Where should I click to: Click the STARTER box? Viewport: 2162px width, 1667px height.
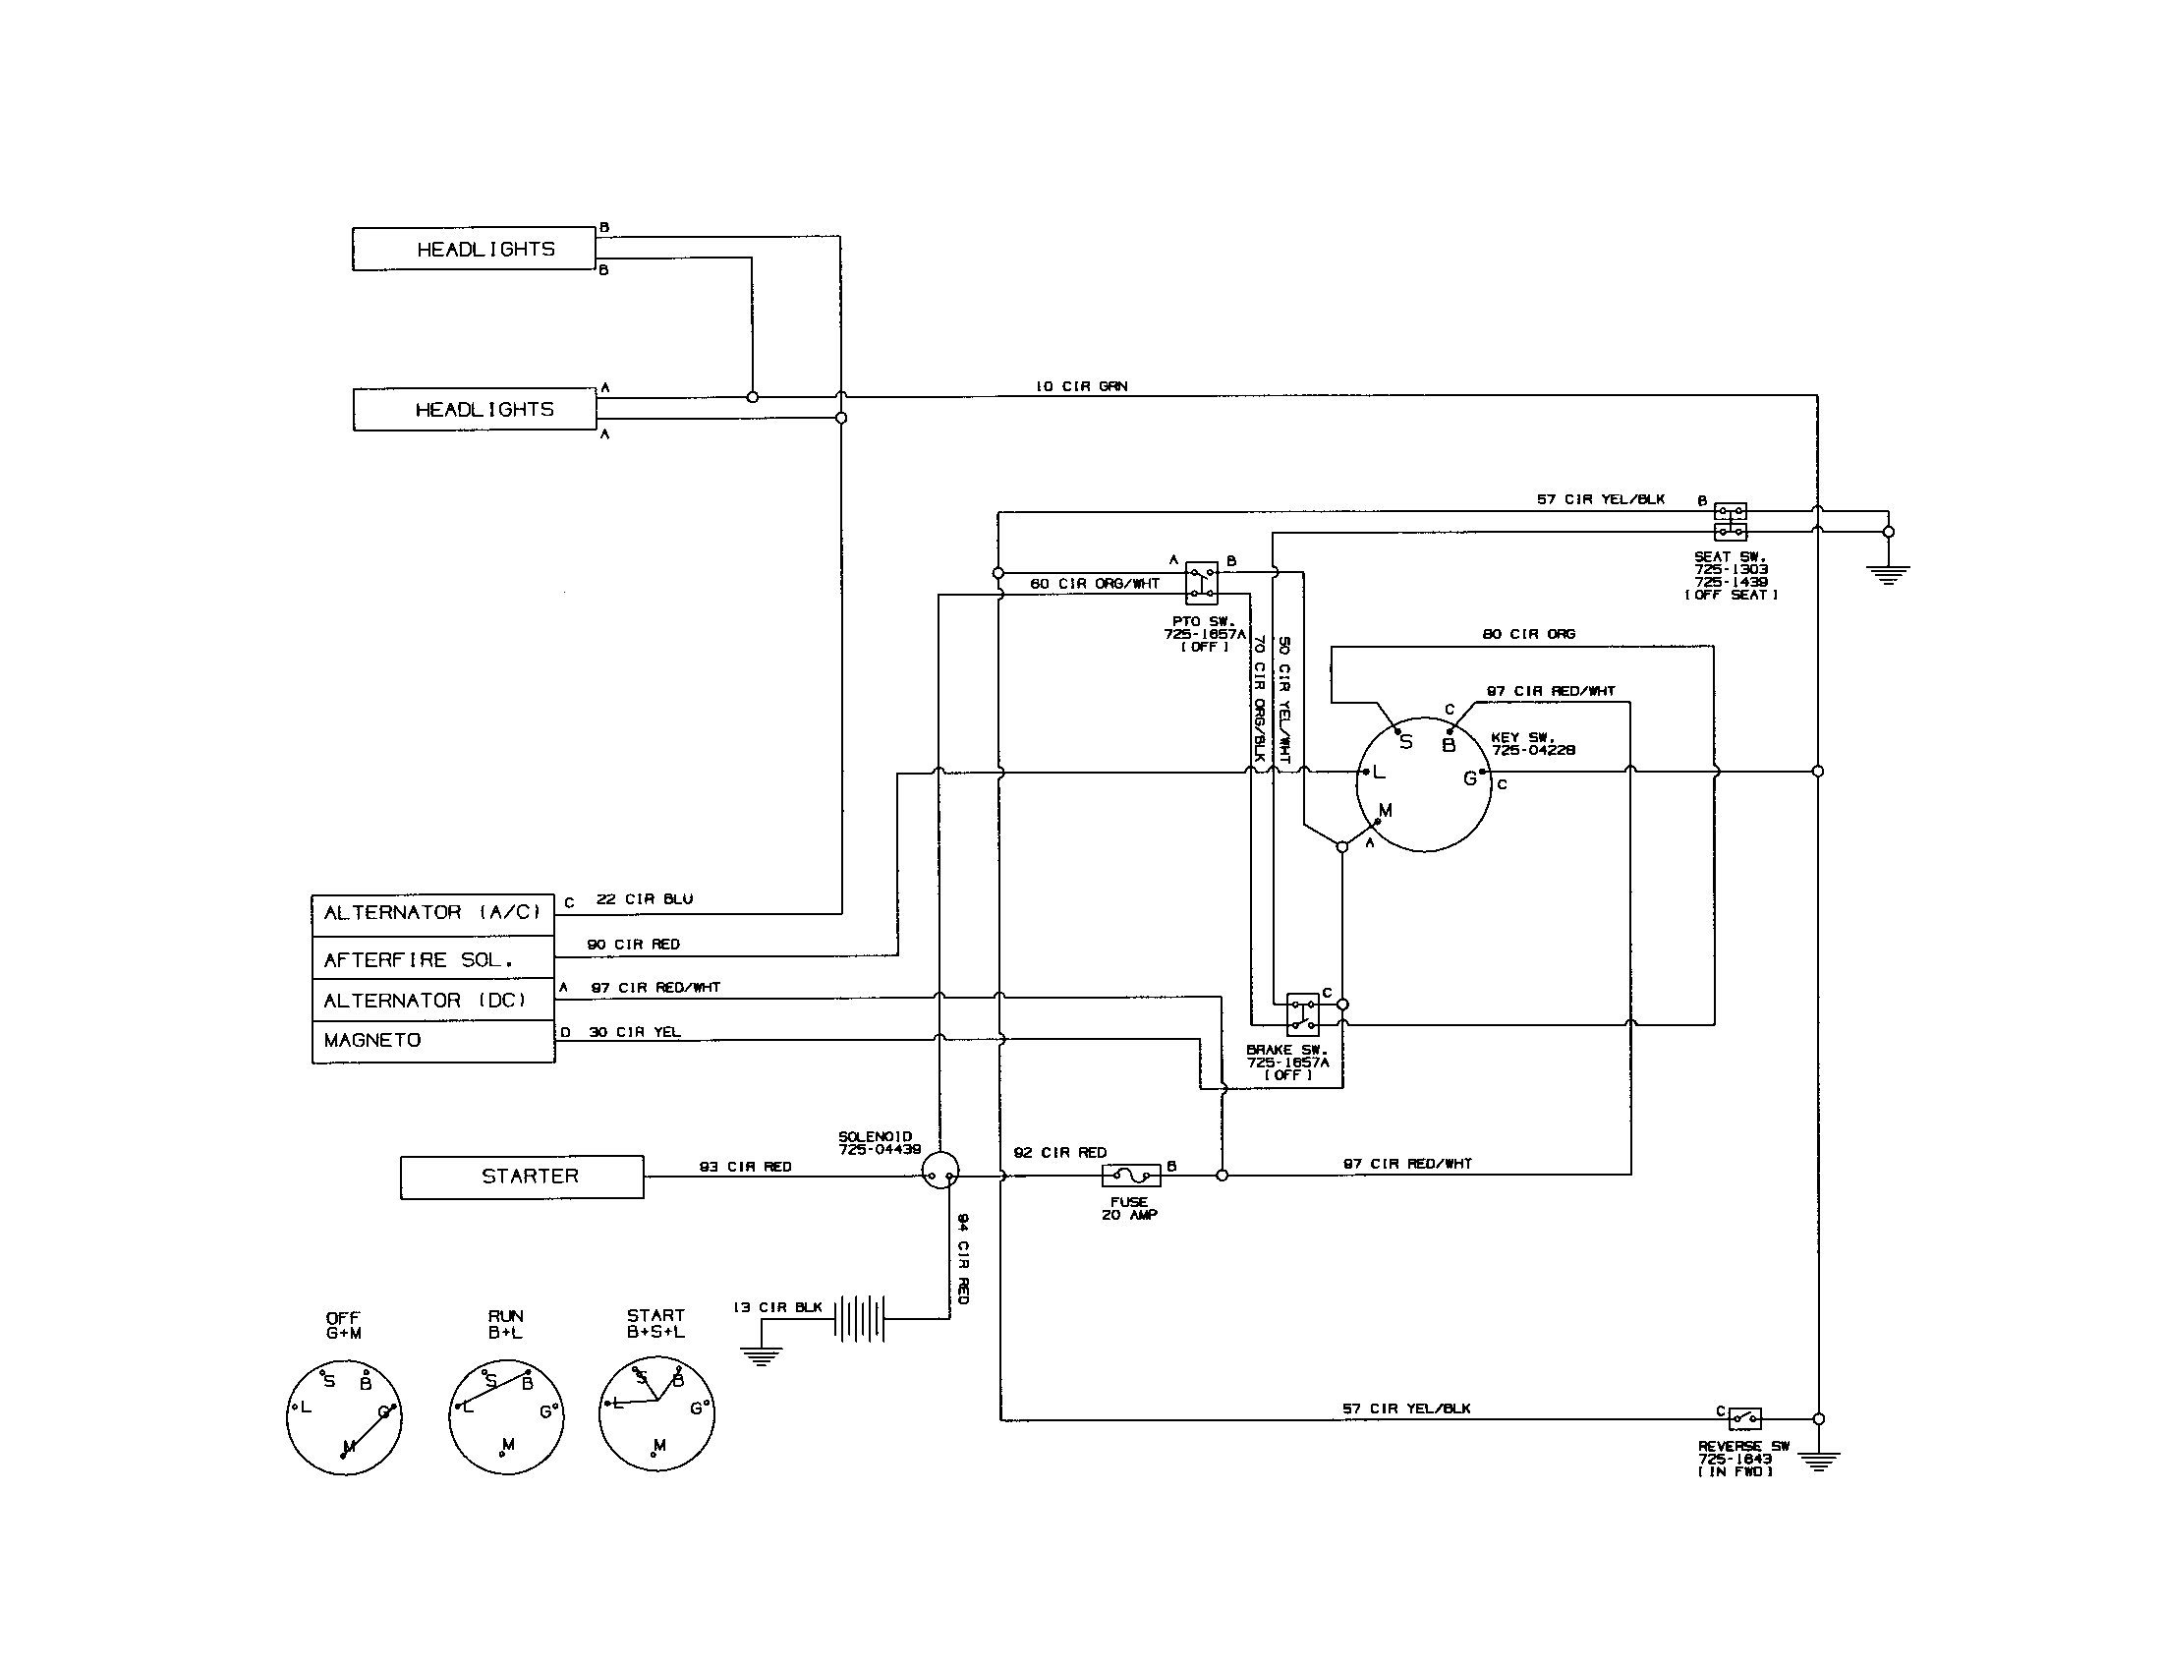(522, 1177)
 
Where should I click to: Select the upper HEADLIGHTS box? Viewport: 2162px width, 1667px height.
(475, 250)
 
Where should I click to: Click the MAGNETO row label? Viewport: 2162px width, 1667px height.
(372, 1040)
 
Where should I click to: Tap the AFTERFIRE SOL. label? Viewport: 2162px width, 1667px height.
(418, 959)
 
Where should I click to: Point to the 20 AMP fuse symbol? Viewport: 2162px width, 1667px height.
(1131, 1176)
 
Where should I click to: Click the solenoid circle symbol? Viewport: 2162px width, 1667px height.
(939, 1172)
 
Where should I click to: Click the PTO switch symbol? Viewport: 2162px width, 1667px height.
(1201, 582)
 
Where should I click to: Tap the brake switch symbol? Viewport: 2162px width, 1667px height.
(1302, 1014)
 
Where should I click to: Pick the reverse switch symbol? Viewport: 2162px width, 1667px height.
(1744, 1418)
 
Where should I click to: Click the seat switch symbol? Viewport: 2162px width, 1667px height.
(1730, 521)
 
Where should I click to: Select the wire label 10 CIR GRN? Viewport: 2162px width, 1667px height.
(1081, 386)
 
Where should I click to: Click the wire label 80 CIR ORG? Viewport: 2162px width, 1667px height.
(1528, 634)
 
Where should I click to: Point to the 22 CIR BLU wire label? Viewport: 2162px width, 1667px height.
(644, 898)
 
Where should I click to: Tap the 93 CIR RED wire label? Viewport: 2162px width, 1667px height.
(746, 1167)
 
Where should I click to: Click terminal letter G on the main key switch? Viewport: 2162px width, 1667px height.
(1469, 779)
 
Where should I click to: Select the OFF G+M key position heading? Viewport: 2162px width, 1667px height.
(344, 1326)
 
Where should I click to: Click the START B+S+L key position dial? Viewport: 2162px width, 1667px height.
(656, 1412)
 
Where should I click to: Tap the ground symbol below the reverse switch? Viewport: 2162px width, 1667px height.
(1818, 1461)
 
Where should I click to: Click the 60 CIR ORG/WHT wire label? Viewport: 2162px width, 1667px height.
(1094, 584)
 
